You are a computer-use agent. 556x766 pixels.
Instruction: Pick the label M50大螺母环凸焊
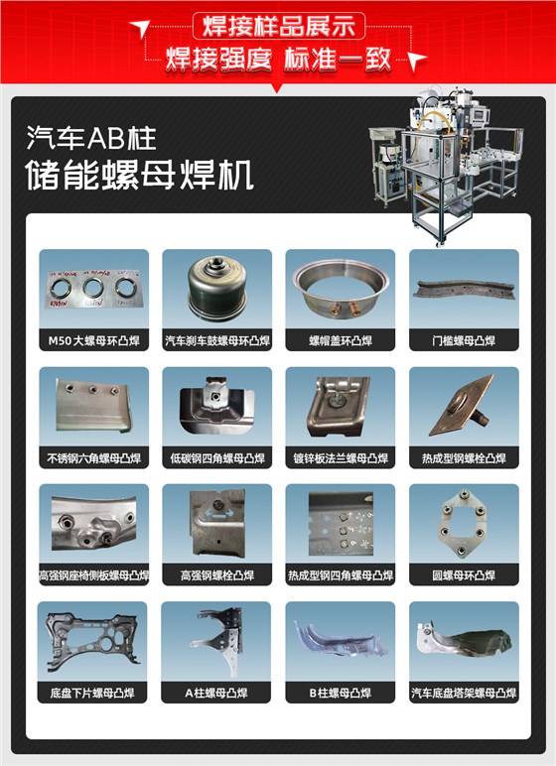tap(93, 341)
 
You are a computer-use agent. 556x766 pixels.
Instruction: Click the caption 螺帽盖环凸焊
tap(340, 341)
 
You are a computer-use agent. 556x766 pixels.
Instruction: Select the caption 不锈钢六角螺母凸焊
tap(93, 458)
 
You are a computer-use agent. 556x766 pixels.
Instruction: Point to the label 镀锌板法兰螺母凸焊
tap(340, 458)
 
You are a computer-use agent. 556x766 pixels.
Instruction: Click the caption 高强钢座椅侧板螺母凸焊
tap(93, 575)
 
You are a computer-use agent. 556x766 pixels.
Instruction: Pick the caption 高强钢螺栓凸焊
tap(216, 575)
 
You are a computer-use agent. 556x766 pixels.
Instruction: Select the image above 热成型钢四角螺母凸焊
tap(340, 524)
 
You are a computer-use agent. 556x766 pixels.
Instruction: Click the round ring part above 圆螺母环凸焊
tap(463, 524)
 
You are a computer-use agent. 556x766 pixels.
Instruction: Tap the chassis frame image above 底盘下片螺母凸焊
tap(93, 641)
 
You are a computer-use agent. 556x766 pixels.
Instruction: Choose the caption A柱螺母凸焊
tap(216, 693)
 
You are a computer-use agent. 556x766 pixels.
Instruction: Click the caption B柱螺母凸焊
tap(340, 693)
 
